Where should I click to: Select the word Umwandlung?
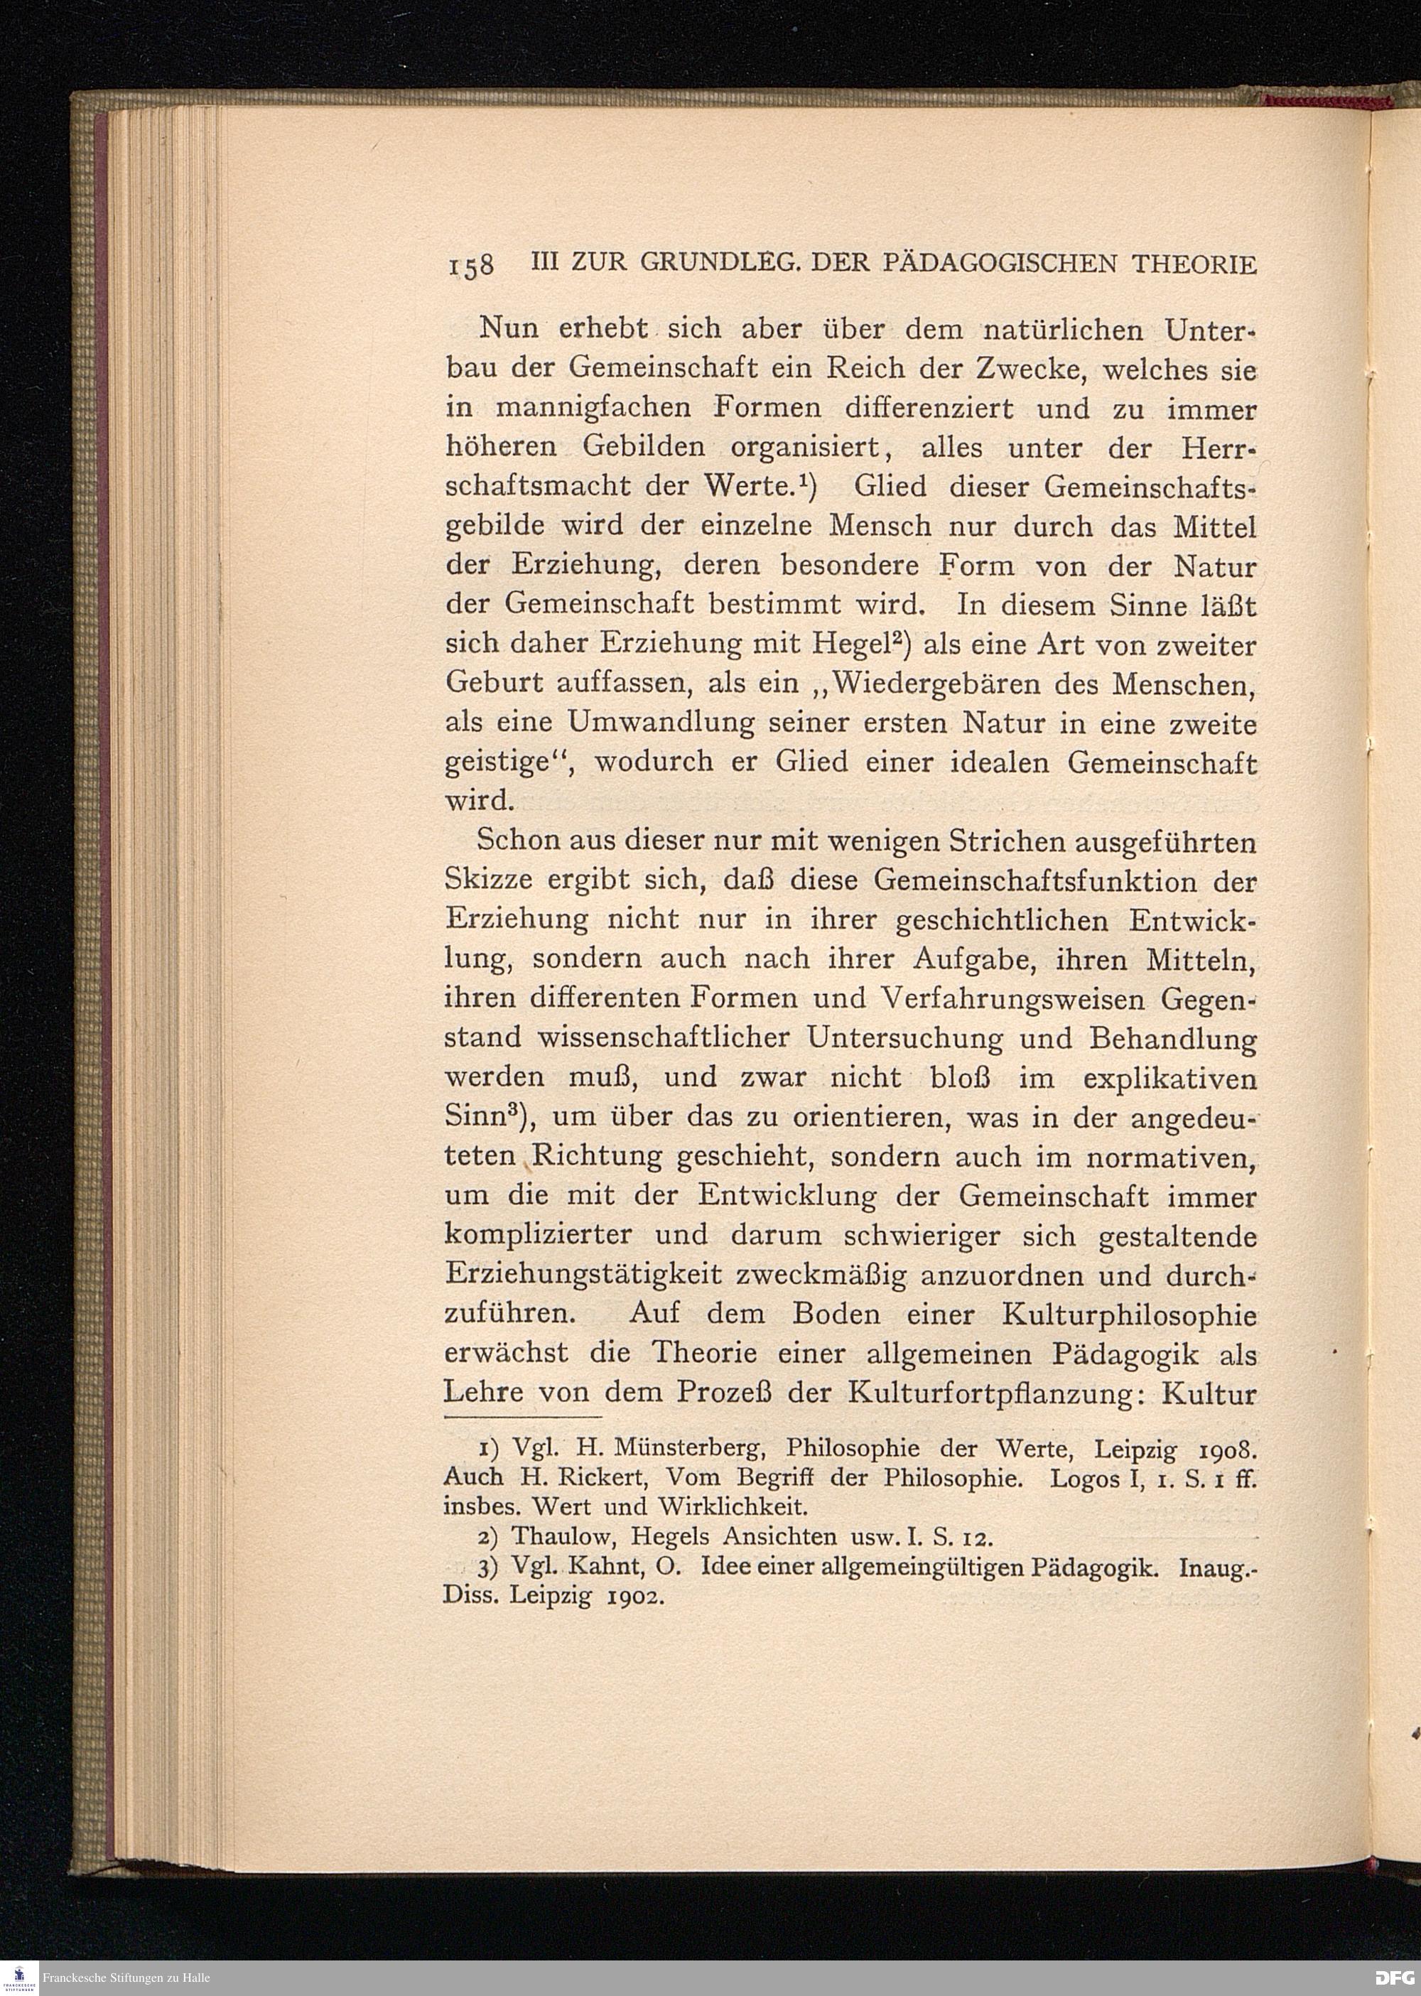(x=661, y=723)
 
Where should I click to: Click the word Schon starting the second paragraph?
(x=519, y=842)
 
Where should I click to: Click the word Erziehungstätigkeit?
(x=583, y=1275)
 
